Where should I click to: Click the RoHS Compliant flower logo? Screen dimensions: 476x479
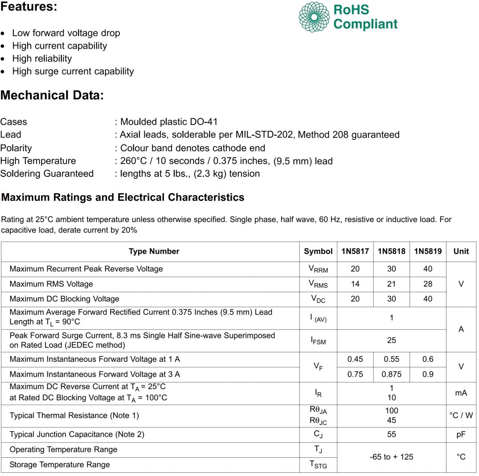[x=314, y=17]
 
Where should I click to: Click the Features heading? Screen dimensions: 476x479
[x=29, y=6]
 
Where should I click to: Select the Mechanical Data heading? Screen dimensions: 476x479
[x=52, y=95]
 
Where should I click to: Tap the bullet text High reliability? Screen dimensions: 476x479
[x=42, y=59]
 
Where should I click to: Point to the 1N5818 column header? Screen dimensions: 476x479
[x=391, y=251]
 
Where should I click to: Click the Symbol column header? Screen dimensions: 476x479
[x=318, y=251]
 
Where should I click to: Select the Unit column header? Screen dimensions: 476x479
[x=461, y=251]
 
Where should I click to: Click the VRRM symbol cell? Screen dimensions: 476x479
[x=318, y=269]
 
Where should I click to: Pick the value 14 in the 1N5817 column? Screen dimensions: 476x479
[x=355, y=284]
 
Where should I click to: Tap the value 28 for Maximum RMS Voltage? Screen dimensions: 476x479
[x=427, y=284]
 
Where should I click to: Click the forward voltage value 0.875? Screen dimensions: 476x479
[x=391, y=374]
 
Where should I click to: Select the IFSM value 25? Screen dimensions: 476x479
[x=391, y=340]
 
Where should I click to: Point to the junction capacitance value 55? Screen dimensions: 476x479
[x=391, y=435]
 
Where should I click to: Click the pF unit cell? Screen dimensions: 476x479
[x=461, y=435]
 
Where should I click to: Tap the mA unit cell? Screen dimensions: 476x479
[x=461, y=393]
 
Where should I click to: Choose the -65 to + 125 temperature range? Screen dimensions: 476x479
[x=391, y=457]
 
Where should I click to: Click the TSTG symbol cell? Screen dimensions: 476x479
[x=318, y=465]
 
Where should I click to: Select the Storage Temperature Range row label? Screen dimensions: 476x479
[x=59, y=465]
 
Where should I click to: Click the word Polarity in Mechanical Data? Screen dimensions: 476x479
[x=16, y=148]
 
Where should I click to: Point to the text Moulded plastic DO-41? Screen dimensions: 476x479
[x=169, y=122]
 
